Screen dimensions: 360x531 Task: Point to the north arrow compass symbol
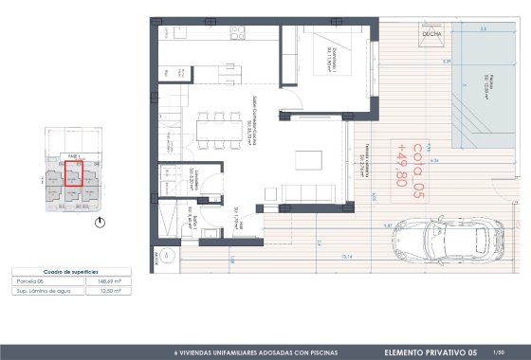102,224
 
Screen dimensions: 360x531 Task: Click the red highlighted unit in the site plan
73,174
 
